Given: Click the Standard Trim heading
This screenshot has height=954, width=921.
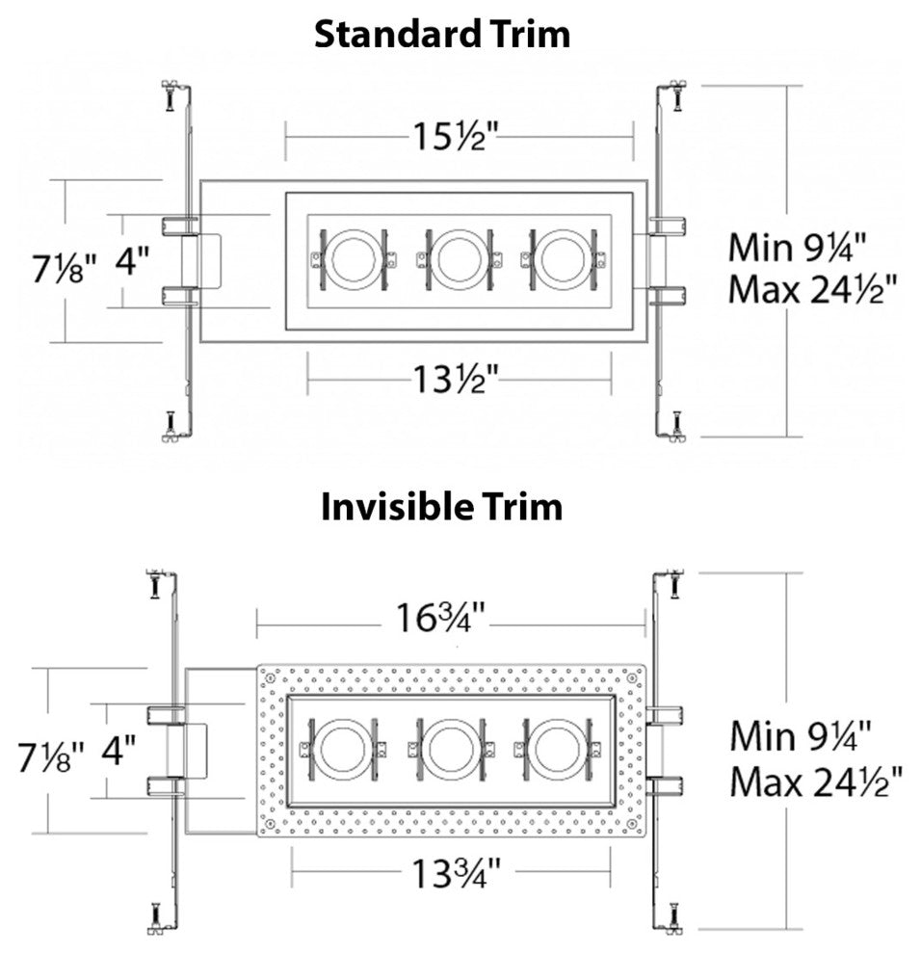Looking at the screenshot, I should [442, 34].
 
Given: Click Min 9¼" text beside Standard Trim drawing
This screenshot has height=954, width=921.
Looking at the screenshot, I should [799, 247].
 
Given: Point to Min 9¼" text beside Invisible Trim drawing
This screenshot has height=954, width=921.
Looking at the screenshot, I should [801, 735].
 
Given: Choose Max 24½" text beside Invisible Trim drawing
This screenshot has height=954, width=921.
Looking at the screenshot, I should [815, 779].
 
